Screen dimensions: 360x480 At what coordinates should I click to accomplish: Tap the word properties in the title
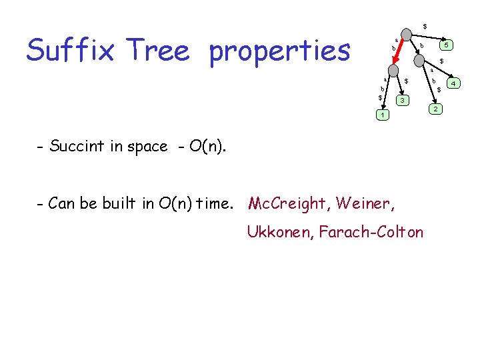[x=279, y=51]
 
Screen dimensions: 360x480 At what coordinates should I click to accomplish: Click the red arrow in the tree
[x=396, y=51]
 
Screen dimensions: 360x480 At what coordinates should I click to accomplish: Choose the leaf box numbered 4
[x=454, y=83]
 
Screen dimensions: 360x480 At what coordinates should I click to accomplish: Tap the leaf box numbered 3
[x=401, y=100]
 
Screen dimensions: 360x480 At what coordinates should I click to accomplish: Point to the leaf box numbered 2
[x=435, y=109]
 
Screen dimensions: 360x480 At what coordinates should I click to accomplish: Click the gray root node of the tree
[x=406, y=32]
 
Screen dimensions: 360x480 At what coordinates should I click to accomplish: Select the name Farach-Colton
[x=371, y=231]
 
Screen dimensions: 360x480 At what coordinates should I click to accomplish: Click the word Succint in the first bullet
[x=75, y=146]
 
